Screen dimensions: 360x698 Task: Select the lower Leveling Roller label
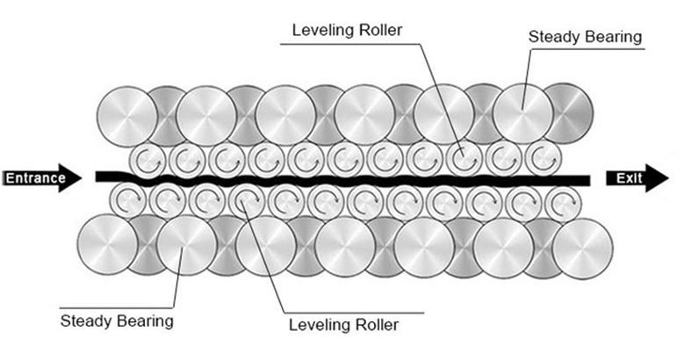[x=343, y=325]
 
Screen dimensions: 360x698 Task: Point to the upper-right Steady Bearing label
[x=586, y=37]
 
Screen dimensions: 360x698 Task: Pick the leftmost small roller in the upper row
[x=147, y=159]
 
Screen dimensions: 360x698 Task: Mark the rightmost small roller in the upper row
[x=542, y=159]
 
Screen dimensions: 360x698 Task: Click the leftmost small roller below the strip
[x=126, y=200]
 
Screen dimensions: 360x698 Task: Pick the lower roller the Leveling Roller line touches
[x=245, y=201]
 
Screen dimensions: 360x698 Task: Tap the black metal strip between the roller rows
[x=351, y=180]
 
